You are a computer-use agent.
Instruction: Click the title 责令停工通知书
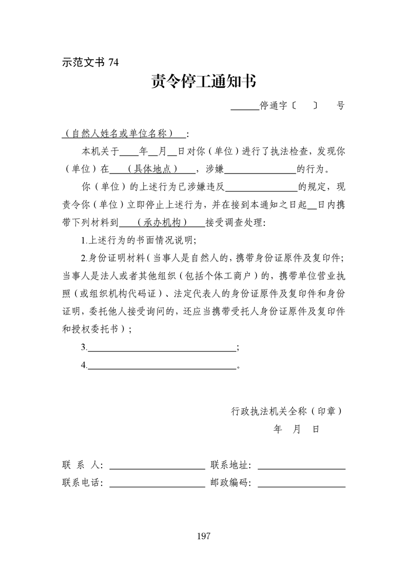pyautogui.click(x=203, y=82)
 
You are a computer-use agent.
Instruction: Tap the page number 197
pyautogui.click(x=203, y=536)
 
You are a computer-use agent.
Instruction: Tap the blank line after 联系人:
pyautogui.click(x=157, y=467)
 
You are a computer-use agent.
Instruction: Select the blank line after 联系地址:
pyautogui.click(x=301, y=467)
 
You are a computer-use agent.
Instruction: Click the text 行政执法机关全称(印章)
pyautogui.click(x=287, y=411)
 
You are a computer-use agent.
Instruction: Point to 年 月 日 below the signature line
pyautogui.click(x=297, y=429)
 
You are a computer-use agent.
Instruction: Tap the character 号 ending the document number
pyautogui.click(x=340, y=106)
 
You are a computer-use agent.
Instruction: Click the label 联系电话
pyautogui.click(x=82, y=483)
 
